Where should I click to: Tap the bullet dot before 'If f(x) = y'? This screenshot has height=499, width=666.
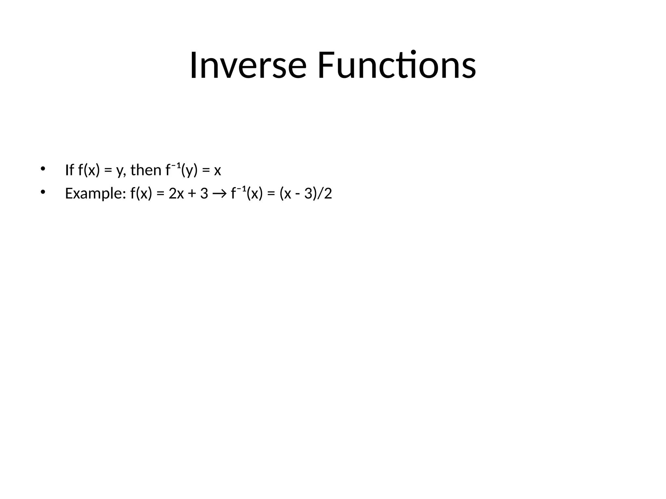click(x=42, y=169)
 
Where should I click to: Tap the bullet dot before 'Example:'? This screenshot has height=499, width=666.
click(x=42, y=192)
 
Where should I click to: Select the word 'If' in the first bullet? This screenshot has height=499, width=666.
click(x=69, y=170)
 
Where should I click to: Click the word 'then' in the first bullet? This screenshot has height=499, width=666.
click(x=146, y=170)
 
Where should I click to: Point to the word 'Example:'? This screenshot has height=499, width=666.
click(x=96, y=194)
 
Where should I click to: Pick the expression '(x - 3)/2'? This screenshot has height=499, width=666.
click(x=306, y=194)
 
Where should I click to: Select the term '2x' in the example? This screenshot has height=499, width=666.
click(x=176, y=194)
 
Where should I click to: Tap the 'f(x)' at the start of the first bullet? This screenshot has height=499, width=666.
click(x=89, y=170)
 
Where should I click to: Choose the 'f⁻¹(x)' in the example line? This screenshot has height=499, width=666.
click(x=246, y=193)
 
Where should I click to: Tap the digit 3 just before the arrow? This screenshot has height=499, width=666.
click(x=204, y=194)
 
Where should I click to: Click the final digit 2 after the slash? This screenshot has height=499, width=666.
click(x=328, y=194)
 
